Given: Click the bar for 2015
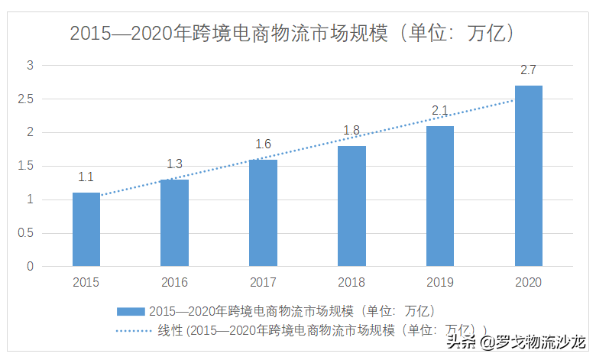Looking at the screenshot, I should click(86, 229).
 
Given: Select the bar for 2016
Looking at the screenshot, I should click(174, 222).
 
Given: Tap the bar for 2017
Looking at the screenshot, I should click(263, 212).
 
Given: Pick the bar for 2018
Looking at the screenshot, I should click(351, 206).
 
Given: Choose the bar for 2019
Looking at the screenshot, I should click(439, 196).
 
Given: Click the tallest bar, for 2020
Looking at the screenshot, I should click(528, 176).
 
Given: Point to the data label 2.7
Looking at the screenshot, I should click(528, 70).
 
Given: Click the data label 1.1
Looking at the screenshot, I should click(86, 177).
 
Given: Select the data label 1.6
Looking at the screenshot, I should click(263, 144).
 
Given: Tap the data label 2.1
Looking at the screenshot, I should click(439, 111).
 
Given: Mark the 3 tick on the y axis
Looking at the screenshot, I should click(31, 66).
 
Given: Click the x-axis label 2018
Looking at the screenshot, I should click(351, 282).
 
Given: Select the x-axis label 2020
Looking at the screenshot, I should click(528, 282).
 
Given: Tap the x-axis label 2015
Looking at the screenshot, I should click(86, 282).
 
